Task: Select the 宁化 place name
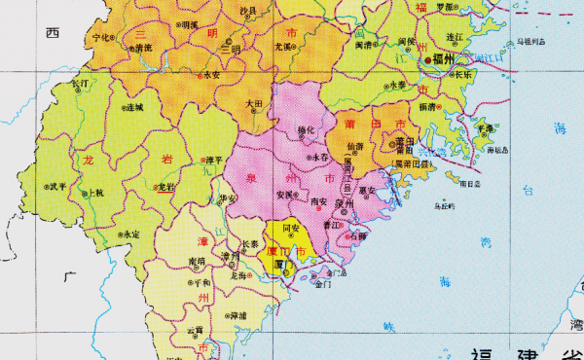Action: pos(99,39)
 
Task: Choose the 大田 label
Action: pos(254,102)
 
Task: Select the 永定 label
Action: pos(130,234)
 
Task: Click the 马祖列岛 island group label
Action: pos(532,43)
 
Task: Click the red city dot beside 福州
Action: pos(427,60)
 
